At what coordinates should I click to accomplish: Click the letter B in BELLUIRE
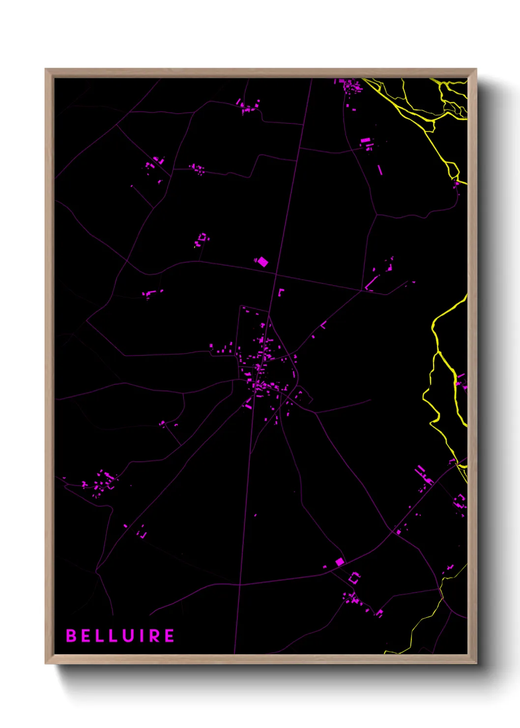(x=71, y=636)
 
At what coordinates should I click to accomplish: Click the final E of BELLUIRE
(x=169, y=636)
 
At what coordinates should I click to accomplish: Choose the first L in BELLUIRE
(x=98, y=636)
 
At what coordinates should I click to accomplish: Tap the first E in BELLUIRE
(x=85, y=636)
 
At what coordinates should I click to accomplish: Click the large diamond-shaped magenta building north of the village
(x=263, y=261)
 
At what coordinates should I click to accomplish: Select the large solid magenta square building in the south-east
(x=340, y=561)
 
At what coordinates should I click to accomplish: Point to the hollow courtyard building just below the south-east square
(x=354, y=578)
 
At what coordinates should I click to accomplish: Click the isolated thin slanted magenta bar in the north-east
(x=379, y=170)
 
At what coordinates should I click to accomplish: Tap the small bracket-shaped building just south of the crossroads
(x=281, y=292)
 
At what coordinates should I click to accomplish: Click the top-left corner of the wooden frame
(x=46, y=69)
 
